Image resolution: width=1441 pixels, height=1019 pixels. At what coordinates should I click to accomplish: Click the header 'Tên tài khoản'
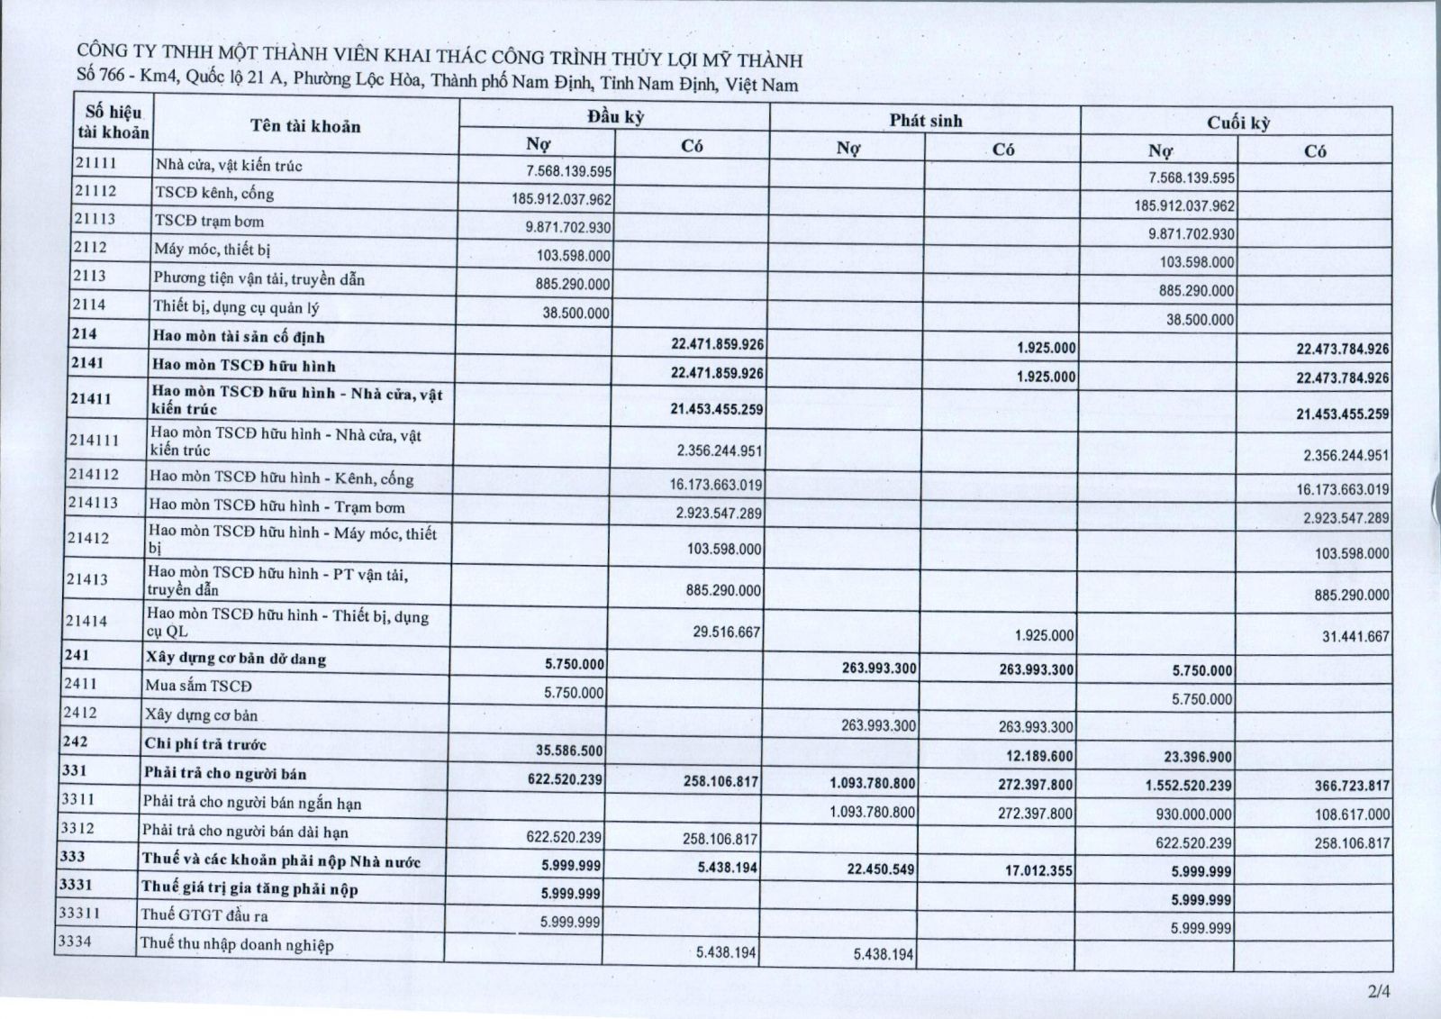click(x=305, y=126)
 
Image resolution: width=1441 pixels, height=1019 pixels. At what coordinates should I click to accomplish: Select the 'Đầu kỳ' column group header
click(x=615, y=117)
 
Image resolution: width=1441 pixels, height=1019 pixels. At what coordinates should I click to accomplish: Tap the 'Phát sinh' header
click(x=926, y=121)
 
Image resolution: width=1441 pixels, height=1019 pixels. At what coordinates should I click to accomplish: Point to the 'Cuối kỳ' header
click(x=1238, y=123)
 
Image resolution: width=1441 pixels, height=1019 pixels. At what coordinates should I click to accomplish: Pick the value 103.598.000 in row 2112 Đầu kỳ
click(x=574, y=256)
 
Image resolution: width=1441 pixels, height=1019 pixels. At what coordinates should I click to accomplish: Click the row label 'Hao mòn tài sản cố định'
click(x=239, y=337)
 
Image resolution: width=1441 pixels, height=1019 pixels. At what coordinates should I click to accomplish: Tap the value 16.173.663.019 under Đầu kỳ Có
click(x=716, y=485)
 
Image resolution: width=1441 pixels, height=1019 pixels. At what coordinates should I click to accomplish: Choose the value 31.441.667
click(x=1355, y=636)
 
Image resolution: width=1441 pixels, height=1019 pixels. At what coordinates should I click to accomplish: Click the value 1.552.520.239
click(x=1188, y=785)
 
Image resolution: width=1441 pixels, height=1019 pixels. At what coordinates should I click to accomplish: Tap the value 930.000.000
click(x=1194, y=814)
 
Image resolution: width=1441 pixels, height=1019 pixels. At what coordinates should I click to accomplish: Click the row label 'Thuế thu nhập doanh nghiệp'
click(x=236, y=944)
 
